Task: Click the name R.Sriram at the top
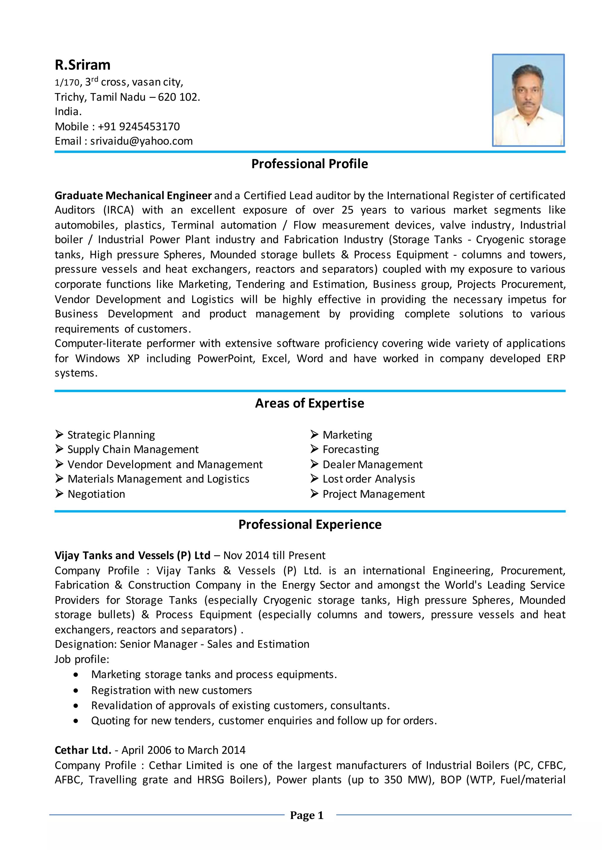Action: (x=82, y=65)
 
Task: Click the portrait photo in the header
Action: (x=528, y=100)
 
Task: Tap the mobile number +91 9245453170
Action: (x=139, y=127)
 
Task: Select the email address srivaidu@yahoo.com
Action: (x=141, y=141)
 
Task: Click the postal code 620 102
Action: (x=178, y=97)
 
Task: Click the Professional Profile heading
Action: (x=310, y=164)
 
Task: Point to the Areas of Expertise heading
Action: (x=310, y=403)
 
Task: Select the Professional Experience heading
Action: (x=310, y=524)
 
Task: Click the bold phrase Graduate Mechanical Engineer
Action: (x=133, y=195)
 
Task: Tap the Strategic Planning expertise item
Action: (x=111, y=435)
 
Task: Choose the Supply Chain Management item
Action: (x=133, y=449)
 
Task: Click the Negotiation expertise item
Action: (x=96, y=494)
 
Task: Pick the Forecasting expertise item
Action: (x=351, y=449)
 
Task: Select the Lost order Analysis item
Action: (x=369, y=479)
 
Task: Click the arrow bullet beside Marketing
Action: (x=314, y=434)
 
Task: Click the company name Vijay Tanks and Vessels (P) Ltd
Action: (x=132, y=555)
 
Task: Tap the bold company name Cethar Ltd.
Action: (x=83, y=750)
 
